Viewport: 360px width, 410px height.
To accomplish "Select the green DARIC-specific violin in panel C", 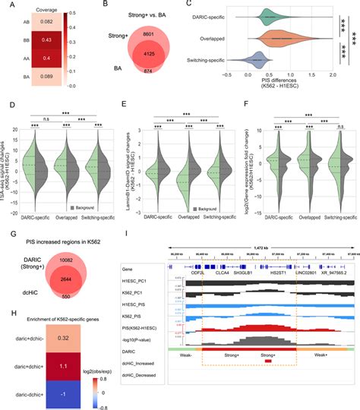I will click(270, 14).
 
